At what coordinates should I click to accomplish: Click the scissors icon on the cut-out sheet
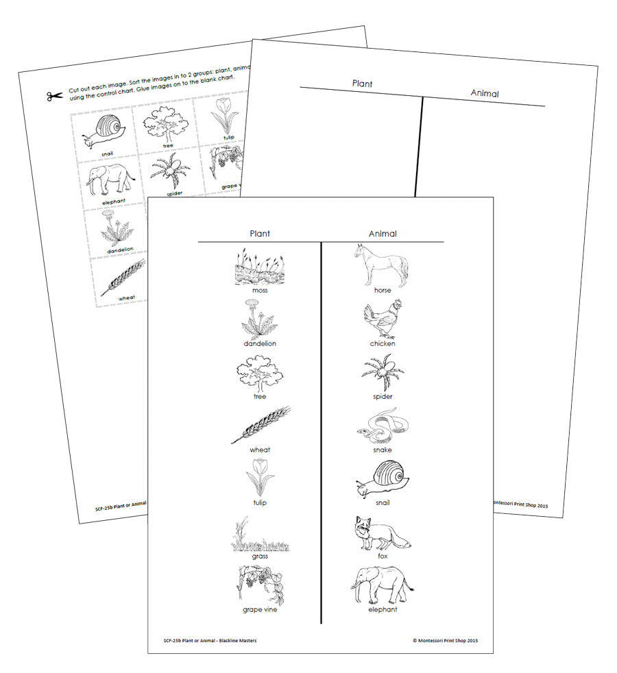(55, 96)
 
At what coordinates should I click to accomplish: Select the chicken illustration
(382, 319)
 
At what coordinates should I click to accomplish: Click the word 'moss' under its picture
(260, 291)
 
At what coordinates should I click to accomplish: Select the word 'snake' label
(383, 450)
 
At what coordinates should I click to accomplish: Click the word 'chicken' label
(383, 343)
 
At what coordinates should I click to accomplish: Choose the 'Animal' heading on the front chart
(383, 234)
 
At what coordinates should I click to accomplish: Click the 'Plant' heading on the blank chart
(362, 84)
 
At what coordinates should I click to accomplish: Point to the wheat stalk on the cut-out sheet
(123, 278)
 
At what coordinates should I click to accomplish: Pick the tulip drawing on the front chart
(260, 477)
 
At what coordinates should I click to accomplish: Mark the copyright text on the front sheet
(445, 641)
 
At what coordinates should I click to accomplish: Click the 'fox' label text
(383, 556)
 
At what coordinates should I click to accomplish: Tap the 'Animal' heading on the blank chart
(484, 94)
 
